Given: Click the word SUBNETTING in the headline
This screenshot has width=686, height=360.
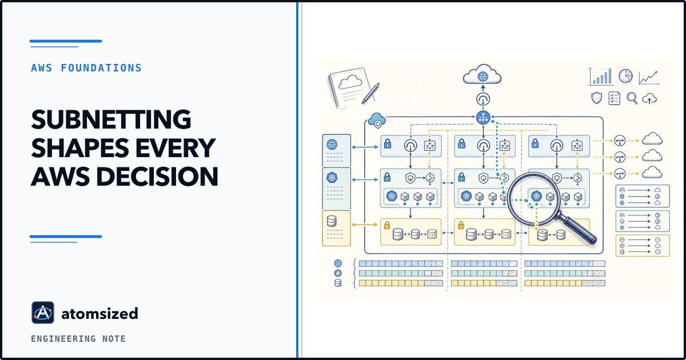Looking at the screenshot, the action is (x=111, y=119).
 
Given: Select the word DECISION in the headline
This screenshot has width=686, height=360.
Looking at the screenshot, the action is (x=157, y=177).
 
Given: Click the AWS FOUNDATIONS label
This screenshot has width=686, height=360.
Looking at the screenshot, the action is (x=86, y=68).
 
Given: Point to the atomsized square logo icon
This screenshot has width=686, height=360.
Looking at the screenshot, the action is (x=43, y=313).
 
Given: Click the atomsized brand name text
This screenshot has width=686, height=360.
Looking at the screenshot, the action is (x=100, y=314).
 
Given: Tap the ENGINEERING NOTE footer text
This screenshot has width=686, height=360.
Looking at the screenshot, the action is (x=78, y=338).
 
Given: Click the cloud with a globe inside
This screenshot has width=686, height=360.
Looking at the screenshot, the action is (x=482, y=74).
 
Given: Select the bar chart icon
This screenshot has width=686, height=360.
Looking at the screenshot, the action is (x=601, y=77).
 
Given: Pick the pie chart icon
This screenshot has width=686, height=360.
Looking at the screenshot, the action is (x=625, y=75).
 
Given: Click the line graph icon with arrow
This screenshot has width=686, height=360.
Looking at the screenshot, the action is (x=649, y=78).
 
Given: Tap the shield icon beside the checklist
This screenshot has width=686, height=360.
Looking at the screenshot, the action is (x=596, y=98).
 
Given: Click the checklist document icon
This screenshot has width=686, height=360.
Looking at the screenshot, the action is (x=614, y=98).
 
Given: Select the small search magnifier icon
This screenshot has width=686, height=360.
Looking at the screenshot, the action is (x=632, y=98).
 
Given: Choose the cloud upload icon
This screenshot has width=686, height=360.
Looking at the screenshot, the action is (x=649, y=99).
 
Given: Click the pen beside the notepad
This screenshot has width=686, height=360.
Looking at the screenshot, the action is (x=370, y=93).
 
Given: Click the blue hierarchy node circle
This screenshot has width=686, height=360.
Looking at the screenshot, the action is (x=483, y=117).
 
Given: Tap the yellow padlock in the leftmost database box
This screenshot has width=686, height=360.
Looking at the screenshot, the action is (x=387, y=225).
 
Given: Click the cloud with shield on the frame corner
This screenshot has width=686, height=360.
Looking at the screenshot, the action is (x=377, y=120).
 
